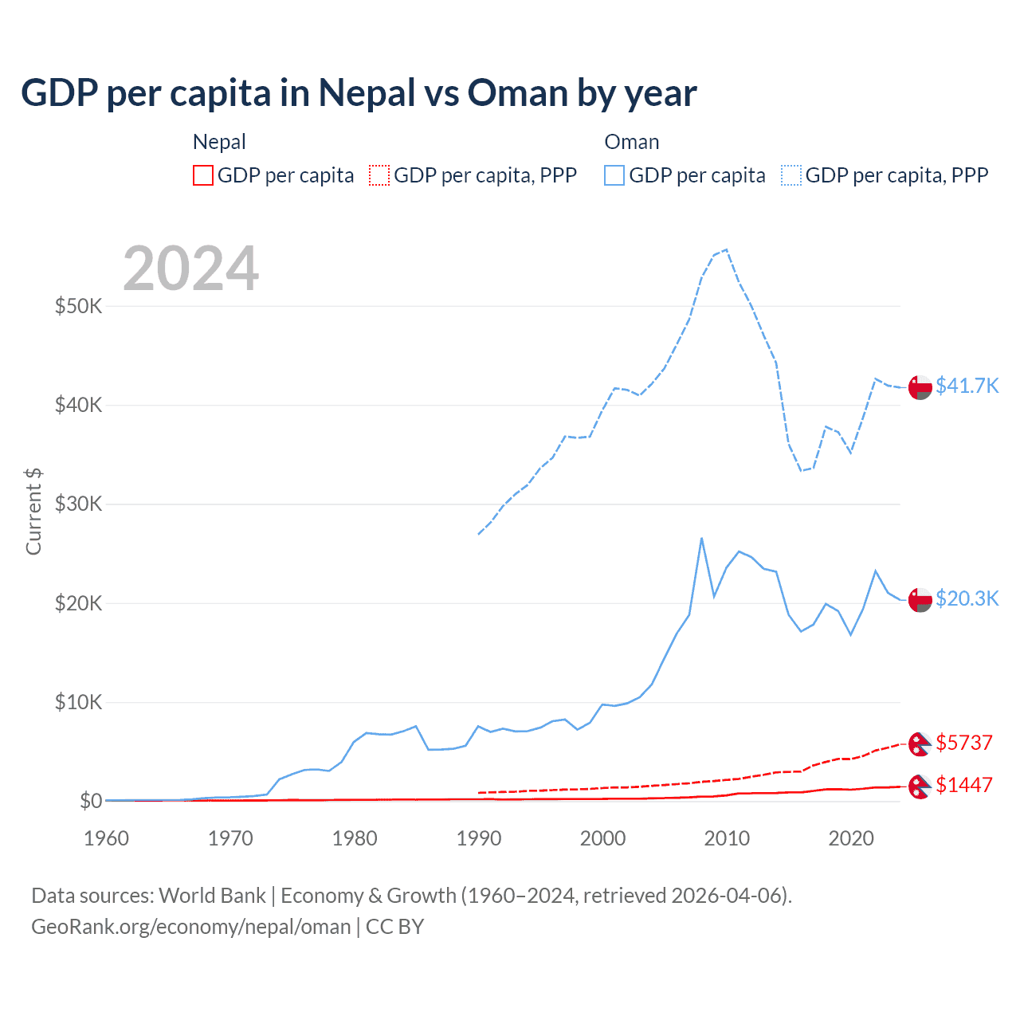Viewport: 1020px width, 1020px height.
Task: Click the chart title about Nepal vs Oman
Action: pyautogui.click(x=359, y=93)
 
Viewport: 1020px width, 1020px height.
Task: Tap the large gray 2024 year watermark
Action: pyautogui.click(x=191, y=269)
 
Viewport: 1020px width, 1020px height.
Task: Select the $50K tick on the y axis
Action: pyautogui.click(x=78, y=306)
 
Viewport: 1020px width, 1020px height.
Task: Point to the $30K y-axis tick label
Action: pyautogui.click(x=78, y=504)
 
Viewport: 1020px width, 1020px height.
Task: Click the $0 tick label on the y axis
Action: pyautogui.click(x=91, y=801)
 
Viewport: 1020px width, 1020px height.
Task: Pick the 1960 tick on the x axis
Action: pyautogui.click(x=107, y=838)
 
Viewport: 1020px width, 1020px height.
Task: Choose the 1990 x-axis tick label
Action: pyautogui.click(x=479, y=838)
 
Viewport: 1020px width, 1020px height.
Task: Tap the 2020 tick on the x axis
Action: pyautogui.click(x=851, y=838)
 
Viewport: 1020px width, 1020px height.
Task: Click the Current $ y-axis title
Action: pyautogui.click(x=33, y=512)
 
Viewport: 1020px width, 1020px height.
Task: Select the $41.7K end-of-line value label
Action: pyautogui.click(x=967, y=386)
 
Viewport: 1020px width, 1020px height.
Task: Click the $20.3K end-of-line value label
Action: pyautogui.click(x=967, y=598)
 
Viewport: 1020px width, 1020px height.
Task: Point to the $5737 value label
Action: pyautogui.click(x=963, y=743)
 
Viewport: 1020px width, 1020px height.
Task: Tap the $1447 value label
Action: pyautogui.click(x=963, y=785)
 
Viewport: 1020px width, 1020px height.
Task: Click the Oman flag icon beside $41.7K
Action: pyautogui.click(x=920, y=386)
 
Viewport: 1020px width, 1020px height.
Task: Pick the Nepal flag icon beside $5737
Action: pyautogui.click(x=920, y=743)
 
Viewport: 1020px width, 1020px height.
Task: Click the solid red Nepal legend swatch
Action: pyautogui.click(x=203, y=175)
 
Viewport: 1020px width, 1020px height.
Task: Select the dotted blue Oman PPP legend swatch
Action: pyautogui.click(x=791, y=175)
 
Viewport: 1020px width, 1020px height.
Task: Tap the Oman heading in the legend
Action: pyautogui.click(x=632, y=142)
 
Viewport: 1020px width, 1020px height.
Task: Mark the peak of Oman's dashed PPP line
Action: pyautogui.click(x=726, y=249)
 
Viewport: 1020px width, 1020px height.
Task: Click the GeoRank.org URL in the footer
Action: pyautogui.click(x=191, y=927)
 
